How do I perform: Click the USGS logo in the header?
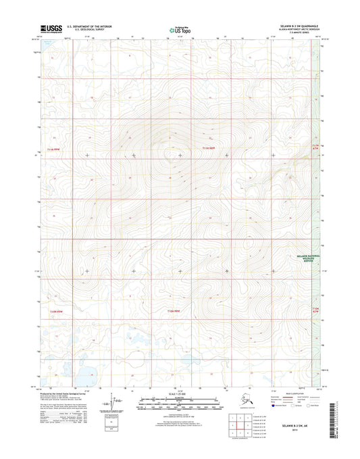coord(51,28)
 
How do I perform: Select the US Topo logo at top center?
coord(179,29)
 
